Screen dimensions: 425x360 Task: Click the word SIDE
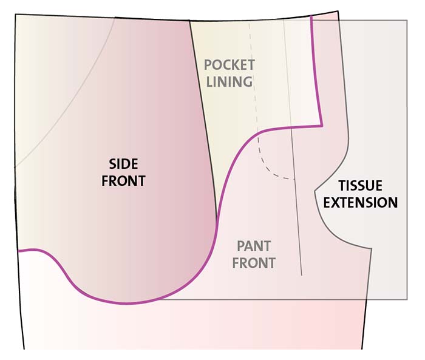tap(123, 164)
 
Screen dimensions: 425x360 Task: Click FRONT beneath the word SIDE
tap(123, 181)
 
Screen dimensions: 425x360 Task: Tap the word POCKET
tap(229, 65)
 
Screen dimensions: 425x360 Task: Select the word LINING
tap(229, 81)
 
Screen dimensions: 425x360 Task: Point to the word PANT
tap(254, 246)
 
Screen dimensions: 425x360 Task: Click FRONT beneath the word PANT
tap(254, 263)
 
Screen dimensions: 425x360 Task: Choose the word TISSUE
tap(361, 186)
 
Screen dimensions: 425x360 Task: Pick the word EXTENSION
tap(361, 203)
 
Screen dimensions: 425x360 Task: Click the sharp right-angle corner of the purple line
tap(322, 126)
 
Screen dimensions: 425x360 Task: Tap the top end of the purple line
tap(311, 16)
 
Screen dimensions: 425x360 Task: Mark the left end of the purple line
tap(18, 251)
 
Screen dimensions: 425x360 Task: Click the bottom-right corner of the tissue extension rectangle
tap(407, 299)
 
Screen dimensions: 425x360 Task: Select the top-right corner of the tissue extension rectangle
tap(407, 20)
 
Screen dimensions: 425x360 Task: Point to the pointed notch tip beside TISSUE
tap(314, 191)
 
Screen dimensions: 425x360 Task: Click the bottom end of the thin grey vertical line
tap(302, 276)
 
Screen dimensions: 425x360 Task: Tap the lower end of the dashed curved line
tap(294, 179)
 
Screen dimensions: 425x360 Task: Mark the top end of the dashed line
tap(250, 22)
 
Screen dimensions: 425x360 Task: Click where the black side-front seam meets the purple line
tap(217, 221)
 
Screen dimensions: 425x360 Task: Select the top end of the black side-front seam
tap(189, 21)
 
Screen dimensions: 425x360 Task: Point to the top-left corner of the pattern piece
tap(15, 14)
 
